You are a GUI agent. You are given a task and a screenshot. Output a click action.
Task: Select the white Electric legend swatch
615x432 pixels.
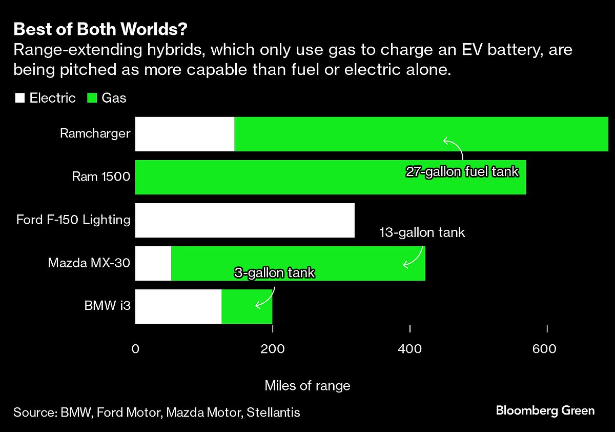pyautogui.click(x=19, y=98)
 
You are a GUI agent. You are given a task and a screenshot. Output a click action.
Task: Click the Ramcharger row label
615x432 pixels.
pyautogui.click(x=95, y=134)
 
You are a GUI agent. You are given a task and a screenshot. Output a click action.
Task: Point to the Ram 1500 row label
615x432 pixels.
pyautogui.click(x=101, y=177)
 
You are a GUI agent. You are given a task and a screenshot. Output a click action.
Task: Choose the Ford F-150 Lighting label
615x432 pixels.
pyautogui.click(x=73, y=220)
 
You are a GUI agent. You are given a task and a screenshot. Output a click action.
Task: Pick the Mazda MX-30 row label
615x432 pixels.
pyautogui.click(x=89, y=263)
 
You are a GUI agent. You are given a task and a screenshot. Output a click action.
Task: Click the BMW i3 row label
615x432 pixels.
pyautogui.click(x=108, y=306)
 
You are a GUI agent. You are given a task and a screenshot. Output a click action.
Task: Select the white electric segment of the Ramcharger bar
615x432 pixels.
pyautogui.click(x=184, y=134)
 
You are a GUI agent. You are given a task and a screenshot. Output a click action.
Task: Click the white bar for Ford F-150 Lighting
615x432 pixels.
pyautogui.click(x=244, y=220)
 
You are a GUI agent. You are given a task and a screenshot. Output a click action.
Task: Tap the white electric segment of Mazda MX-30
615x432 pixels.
pyautogui.click(x=153, y=263)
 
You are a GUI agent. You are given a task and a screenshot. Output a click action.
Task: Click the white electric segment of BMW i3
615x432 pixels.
pyautogui.click(x=178, y=306)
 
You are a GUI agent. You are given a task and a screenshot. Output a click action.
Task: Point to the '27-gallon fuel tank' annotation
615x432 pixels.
pyautogui.click(x=462, y=172)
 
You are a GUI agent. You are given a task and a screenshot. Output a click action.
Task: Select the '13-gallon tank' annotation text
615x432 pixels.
pyautogui.click(x=422, y=232)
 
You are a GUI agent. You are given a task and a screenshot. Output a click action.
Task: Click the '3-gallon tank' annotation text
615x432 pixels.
pyautogui.click(x=274, y=272)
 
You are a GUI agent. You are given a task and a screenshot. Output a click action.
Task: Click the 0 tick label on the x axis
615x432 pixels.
pyautogui.click(x=135, y=349)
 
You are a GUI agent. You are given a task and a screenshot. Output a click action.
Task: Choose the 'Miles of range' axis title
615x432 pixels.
pyautogui.click(x=307, y=386)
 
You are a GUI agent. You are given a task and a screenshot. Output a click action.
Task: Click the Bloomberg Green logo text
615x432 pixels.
pyautogui.click(x=545, y=410)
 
